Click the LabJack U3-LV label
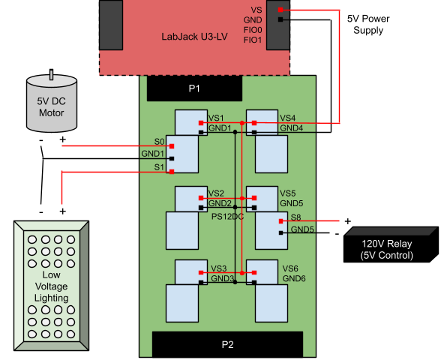coord(194,37)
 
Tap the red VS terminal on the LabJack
coord(280,10)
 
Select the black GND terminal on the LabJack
coord(280,19)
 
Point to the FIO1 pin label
coord(253,40)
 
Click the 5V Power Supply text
coord(368,24)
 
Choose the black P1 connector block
coord(194,88)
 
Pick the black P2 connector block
coord(228,344)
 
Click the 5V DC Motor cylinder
coord(52,103)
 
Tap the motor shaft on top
coord(51,74)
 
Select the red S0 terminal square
coord(172,146)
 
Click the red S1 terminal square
coord(172,172)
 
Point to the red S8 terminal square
coord(281,221)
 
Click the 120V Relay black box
coord(391,244)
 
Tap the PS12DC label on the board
coord(228,217)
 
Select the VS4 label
coord(288,118)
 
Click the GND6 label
coord(294,278)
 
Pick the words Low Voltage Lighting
coord(51,286)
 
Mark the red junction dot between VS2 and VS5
coord(242,198)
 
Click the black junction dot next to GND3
coord(235,282)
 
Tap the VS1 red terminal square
coord(201,123)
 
